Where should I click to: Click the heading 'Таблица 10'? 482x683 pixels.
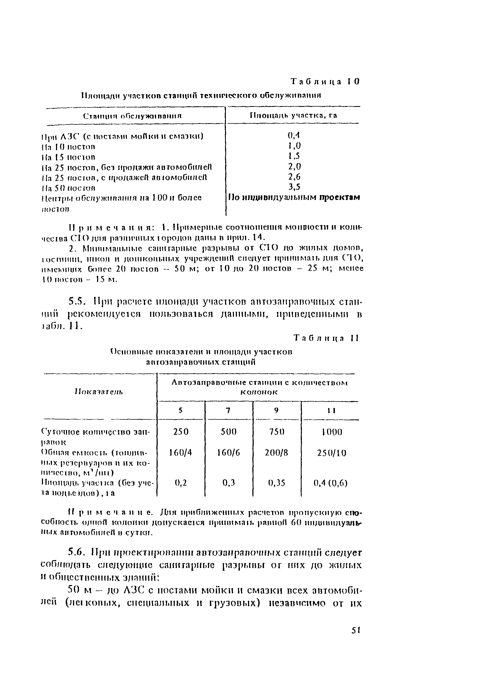(325, 81)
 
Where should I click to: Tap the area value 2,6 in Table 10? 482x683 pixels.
(294, 177)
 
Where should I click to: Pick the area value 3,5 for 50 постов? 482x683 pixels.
(294, 187)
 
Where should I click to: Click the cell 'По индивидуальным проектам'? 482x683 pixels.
(294, 198)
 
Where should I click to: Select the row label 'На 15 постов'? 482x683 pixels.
(68, 157)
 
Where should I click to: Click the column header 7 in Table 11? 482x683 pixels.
(228, 411)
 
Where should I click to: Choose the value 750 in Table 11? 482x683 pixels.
(277, 432)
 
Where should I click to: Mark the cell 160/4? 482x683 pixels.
(181, 453)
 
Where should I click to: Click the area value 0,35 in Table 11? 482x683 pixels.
(277, 482)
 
